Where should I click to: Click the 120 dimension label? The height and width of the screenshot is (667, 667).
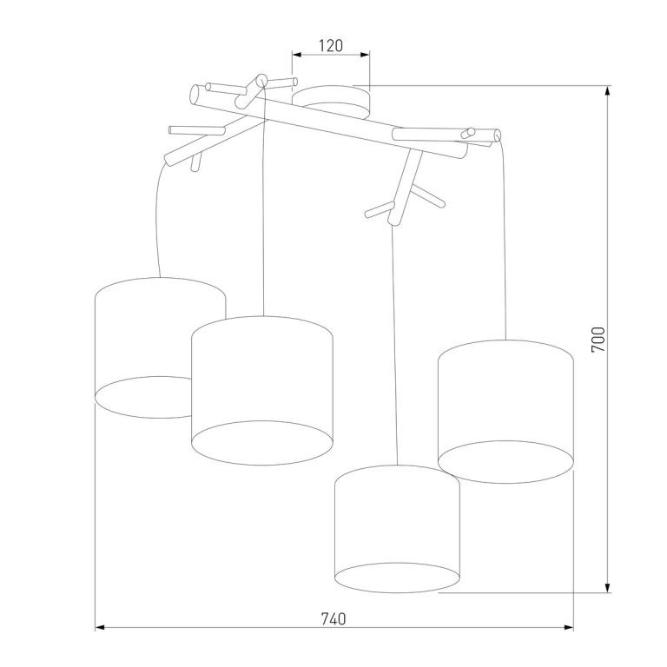[331, 45]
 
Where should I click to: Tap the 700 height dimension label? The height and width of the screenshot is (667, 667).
[598, 339]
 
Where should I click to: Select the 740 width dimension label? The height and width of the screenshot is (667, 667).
[333, 619]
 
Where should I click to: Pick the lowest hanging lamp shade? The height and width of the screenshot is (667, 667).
[397, 529]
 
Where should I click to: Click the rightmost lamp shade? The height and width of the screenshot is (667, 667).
[505, 412]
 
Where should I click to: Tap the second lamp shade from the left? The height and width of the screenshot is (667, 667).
[262, 390]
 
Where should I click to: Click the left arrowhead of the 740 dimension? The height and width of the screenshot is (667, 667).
[100, 627]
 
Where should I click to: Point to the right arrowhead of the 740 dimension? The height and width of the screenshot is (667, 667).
[568, 627]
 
